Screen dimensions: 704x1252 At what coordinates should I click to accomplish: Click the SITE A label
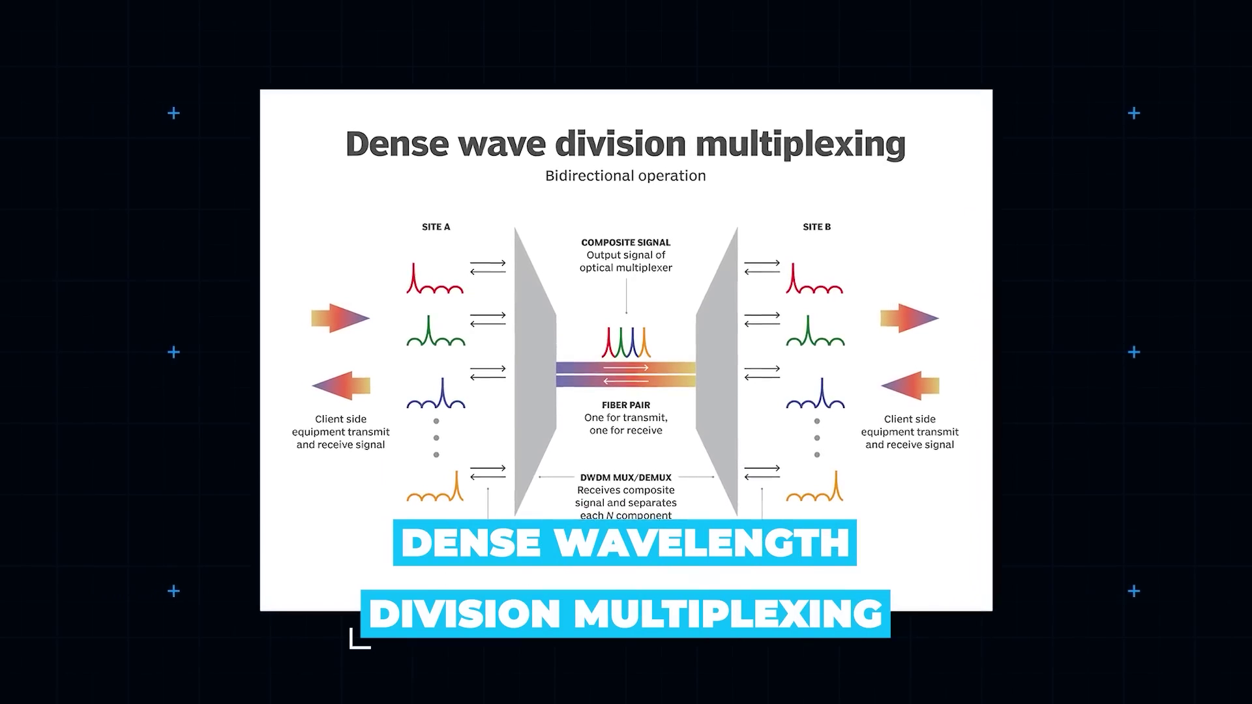point(436,227)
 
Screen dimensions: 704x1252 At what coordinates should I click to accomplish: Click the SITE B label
point(816,227)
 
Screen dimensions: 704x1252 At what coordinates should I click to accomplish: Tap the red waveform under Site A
point(434,280)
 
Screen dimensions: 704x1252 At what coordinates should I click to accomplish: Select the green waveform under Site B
point(815,332)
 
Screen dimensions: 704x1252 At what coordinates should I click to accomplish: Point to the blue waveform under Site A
point(436,394)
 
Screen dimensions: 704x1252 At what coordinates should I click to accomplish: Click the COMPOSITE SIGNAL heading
point(625,242)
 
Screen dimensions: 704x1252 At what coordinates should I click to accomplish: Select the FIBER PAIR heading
point(625,405)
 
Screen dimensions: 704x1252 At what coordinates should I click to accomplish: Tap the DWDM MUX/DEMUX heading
point(625,478)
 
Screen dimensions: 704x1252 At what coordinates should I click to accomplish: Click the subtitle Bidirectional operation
point(625,176)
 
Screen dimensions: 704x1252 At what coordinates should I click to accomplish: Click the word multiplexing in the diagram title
point(800,144)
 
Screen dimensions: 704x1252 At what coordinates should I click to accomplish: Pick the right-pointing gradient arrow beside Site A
point(340,318)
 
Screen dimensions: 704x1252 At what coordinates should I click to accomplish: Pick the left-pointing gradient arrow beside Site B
point(910,386)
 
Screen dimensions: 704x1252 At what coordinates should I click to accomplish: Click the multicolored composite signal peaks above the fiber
point(625,343)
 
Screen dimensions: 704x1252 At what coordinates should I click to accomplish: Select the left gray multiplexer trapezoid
point(534,372)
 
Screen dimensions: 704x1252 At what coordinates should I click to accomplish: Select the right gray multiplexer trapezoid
point(717,372)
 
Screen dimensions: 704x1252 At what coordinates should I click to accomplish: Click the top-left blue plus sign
point(173,113)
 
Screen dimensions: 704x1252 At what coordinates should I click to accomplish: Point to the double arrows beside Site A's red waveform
point(488,267)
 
